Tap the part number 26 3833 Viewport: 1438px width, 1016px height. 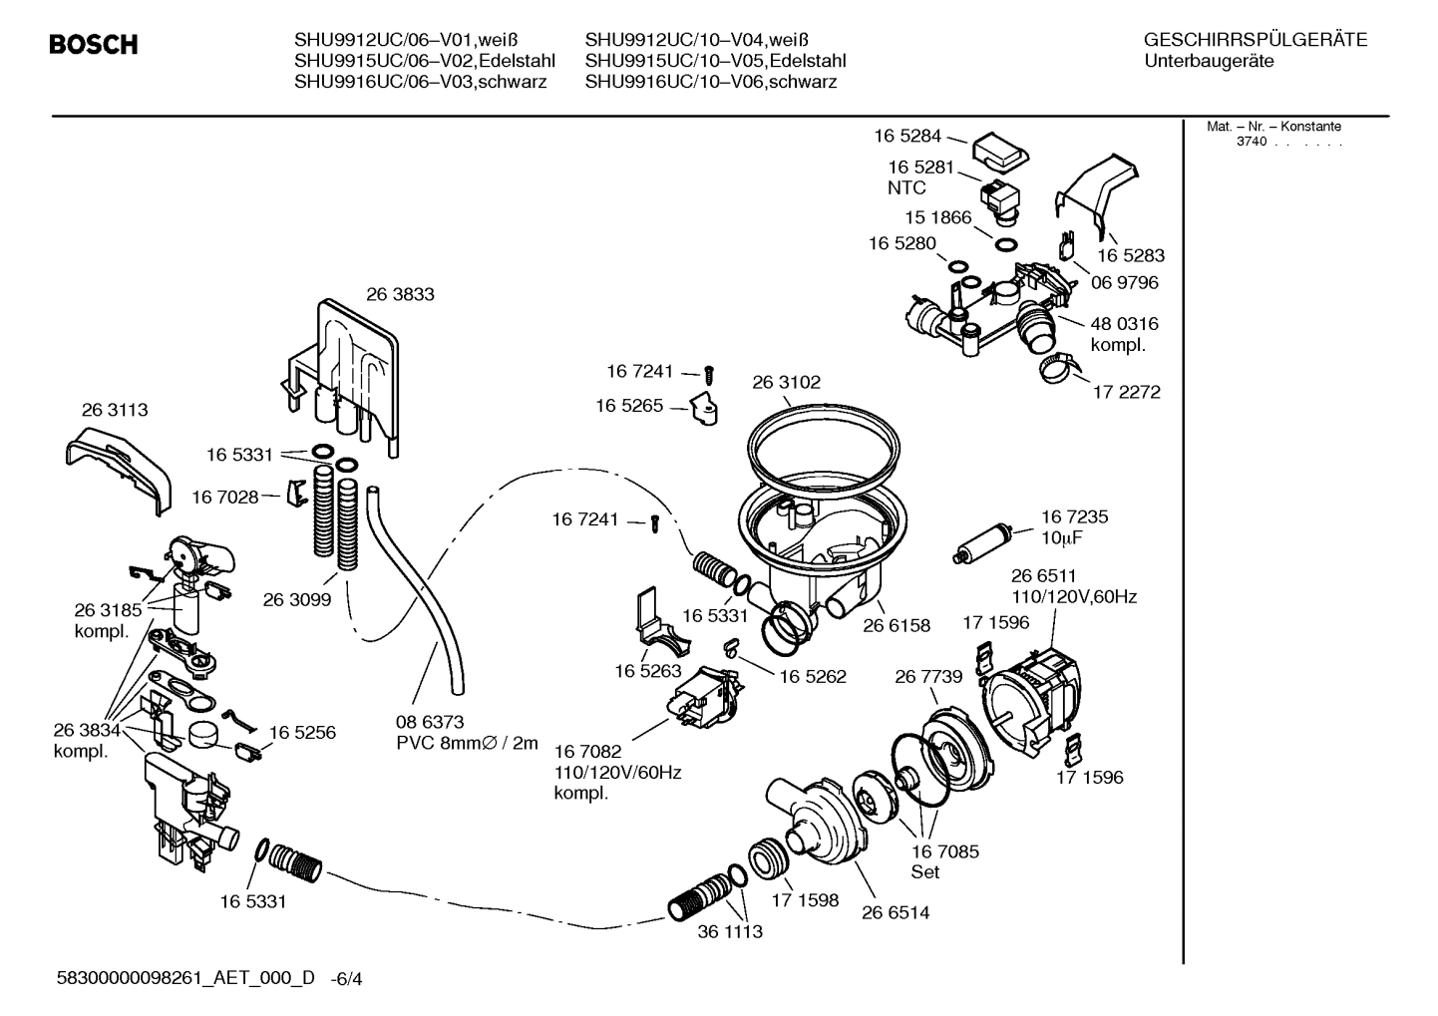coord(400,294)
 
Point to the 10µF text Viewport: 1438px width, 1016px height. coord(1062,538)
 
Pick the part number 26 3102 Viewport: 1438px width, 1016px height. coord(786,382)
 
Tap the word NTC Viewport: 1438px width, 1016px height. coord(906,187)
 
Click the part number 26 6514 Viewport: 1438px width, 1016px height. coord(896,912)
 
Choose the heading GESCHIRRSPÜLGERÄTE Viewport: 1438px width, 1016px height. coord(1256,41)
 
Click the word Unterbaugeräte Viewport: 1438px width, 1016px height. coord(1209,62)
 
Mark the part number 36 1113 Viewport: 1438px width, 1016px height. coord(730,932)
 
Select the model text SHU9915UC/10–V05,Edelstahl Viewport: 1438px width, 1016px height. coord(715,62)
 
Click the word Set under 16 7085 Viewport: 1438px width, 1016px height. coord(925,872)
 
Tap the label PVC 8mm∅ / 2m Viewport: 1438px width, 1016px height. coord(467,743)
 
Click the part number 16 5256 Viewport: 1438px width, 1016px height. coord(302,732)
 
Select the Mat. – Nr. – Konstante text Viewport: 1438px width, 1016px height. coord(1273,127)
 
